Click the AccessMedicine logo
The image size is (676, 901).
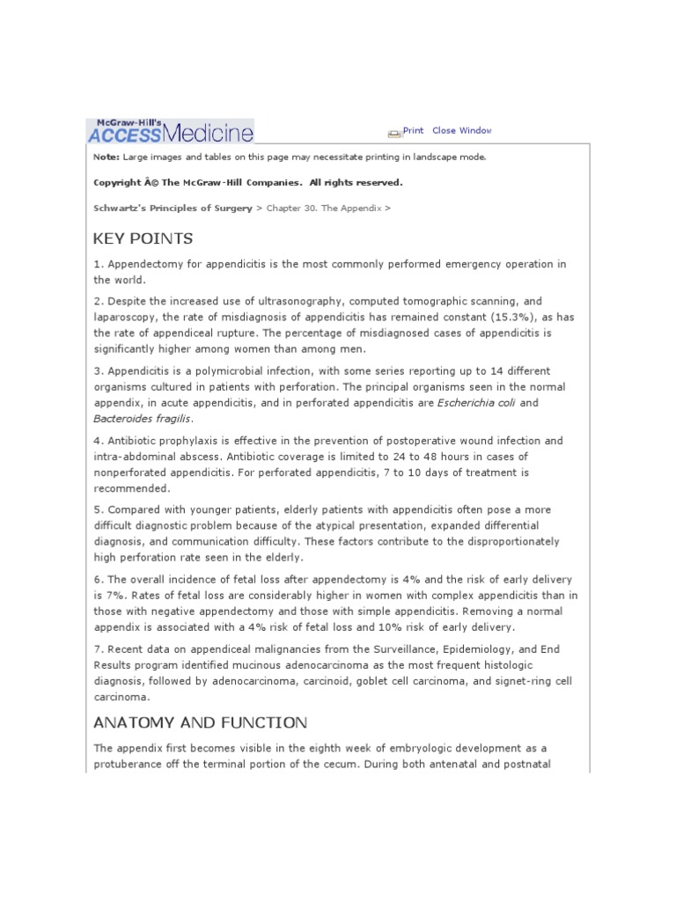click(171, 130)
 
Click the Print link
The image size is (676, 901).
click(413, 130)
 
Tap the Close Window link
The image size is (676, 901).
click(462, 130)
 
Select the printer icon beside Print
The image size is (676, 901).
click(394, 132)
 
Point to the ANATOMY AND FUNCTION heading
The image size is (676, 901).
click(200, 722)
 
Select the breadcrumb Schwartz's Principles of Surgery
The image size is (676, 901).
click(172, 209)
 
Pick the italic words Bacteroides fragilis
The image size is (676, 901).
click(143, 420)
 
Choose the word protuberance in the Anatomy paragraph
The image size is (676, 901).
click(133, 764)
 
